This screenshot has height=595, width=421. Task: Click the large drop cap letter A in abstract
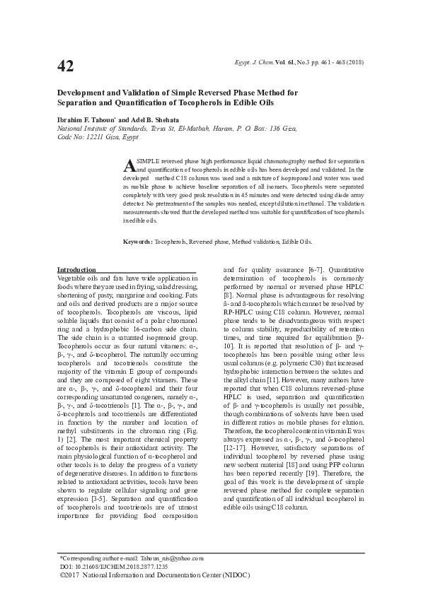coord(129,165)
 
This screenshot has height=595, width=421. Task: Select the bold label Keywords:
coord(137,242)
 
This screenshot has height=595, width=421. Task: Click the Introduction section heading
coord(76,270)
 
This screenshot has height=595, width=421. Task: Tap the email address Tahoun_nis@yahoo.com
coord(173,558)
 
